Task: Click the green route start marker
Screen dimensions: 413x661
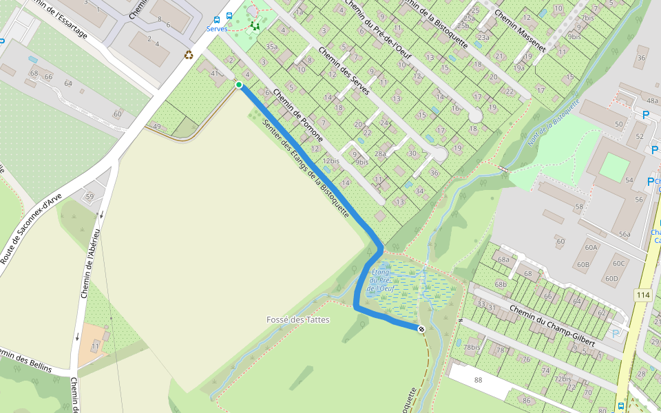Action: tap(239, 85)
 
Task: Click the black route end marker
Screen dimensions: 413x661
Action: tap(420, 329)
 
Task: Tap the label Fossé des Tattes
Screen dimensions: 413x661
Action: tap(298, 320)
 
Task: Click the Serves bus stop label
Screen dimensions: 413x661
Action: tap(217, 29)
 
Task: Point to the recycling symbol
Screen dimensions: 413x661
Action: tap(189, 54)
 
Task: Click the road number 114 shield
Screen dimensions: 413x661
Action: tap(643, 295)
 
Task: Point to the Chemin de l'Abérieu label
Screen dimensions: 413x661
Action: tap(90, 264)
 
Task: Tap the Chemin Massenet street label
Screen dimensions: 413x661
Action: tap(519, 31)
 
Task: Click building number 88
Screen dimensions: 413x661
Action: tap(479, 380)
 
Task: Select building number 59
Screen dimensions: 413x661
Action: tap(90, 197)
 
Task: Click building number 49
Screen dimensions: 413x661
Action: tap(157, 127)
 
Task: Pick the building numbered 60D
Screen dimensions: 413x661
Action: tap(611, 279)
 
